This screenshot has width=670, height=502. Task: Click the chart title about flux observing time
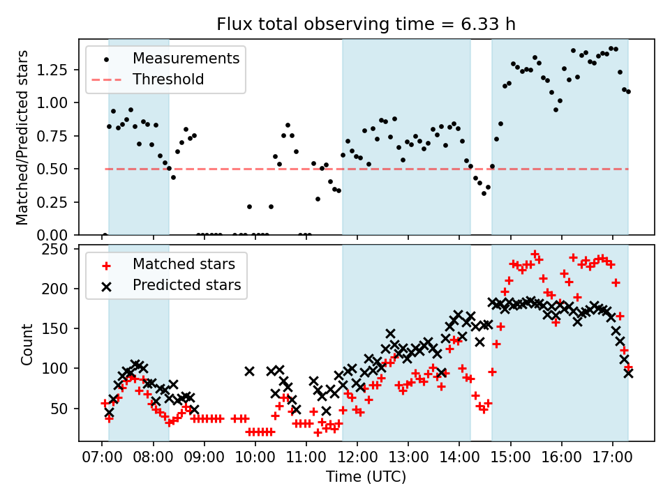coord(366,24)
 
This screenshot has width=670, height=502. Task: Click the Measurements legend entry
coord(186,58)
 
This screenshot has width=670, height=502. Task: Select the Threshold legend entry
coord(168,79)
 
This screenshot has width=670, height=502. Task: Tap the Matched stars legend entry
coord(184,264)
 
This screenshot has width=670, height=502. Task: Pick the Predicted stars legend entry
coord(186,285)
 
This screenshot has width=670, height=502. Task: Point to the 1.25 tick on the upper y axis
coord(58,70)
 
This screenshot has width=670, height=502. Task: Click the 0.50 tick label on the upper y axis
coord(58,169)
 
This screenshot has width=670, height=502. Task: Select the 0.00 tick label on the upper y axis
coord(58,234)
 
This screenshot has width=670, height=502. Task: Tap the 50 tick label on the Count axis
coord(64,408)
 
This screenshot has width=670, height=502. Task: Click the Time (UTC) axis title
coord(366,478)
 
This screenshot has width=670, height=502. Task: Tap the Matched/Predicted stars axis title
coord(22,137)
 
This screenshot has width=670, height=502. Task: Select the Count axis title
coord(27,344)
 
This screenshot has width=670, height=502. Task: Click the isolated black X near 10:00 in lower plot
coord(249,372)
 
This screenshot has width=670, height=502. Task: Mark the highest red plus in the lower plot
coord(535,254)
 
